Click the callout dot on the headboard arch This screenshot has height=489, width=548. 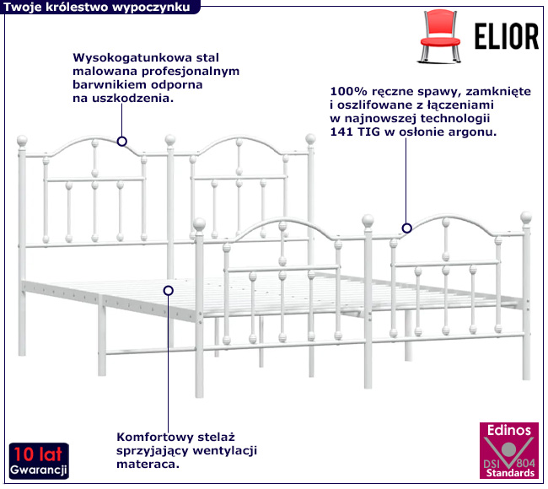(x=122, y=142)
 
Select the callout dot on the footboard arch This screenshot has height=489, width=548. (x=406, y=228)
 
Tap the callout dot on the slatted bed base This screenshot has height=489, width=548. (x=169, y=290)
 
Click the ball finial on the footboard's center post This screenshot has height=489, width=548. (x=368, y=220)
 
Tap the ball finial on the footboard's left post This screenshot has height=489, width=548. (x=200, y=224)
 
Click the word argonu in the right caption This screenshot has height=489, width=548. (x=473, y=132)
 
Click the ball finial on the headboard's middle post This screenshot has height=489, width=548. (x=171, y=138)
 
